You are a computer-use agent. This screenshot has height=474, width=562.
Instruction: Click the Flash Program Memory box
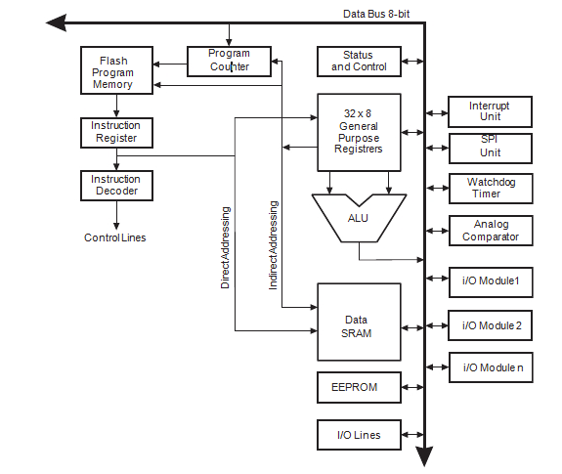[114, 71]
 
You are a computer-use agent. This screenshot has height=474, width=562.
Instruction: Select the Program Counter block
[230, 61]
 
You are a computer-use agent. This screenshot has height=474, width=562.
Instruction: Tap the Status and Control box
[359, 62]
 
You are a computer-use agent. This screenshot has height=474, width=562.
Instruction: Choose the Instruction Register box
[115, 132]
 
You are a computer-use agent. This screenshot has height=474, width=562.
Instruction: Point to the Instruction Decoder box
[115, 185]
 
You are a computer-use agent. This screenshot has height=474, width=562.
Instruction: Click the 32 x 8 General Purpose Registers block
[359, 131]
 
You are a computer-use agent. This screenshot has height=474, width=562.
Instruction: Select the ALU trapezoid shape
[359, 216]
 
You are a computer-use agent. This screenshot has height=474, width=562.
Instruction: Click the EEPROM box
[359, 387]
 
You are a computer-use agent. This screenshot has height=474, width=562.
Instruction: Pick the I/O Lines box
[359, 435]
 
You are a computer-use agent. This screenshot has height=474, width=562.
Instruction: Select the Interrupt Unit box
[490, 111]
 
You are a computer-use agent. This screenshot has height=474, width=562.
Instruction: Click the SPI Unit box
[490, 148]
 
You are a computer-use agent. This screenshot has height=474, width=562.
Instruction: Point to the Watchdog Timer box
[490, 187]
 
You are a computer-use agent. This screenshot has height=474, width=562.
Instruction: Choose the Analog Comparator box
[490, 231]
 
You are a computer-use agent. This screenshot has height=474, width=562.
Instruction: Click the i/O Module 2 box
[490, 324]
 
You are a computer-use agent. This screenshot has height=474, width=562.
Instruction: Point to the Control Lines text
[114, 237]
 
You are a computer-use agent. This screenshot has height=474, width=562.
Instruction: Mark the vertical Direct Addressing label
[226, 247]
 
